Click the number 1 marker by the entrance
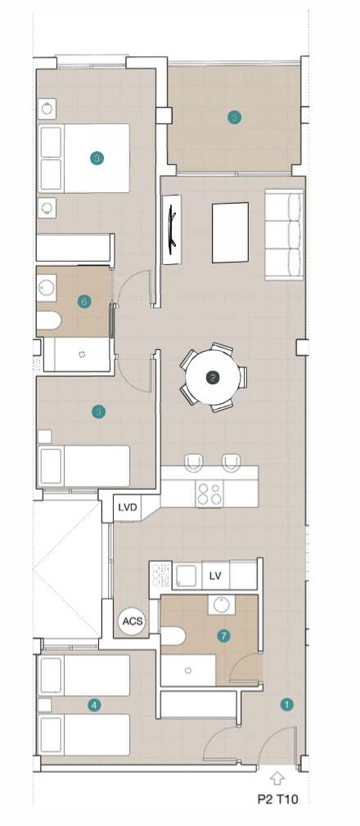tap(286, 704)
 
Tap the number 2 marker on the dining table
tap(213, 377)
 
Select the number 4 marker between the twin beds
tap(94, 705)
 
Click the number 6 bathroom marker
tap(83, 302)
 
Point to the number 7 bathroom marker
tap(223, 635)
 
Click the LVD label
tap(128, 508)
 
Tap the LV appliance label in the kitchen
tap(215, 576)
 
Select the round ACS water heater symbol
tap(132, 621)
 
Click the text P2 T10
tap(278, 799)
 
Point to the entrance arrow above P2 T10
tap(277, 778)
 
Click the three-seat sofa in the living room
tap(284, 235)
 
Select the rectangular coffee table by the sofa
tap(230, 232)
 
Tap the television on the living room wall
tap(172, 230)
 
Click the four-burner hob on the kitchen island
tap(209, 494)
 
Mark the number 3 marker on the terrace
tap(235, 118)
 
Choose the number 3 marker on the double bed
tap(97, 158)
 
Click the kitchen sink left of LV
tap(187, 575)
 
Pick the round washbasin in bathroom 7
tap(222, 604)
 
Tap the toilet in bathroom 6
tap(49, 321)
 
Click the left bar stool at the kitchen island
tap(195, 463)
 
